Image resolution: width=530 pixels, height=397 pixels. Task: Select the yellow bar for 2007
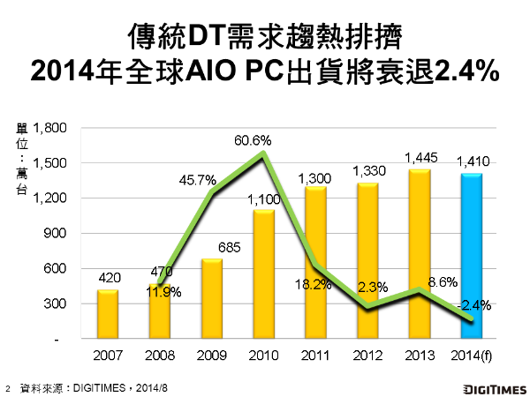click(x=107, y=314)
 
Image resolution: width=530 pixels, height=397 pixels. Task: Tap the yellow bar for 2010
click(x=263, y=273)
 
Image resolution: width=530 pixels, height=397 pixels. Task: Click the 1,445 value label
click(x=420, y=158)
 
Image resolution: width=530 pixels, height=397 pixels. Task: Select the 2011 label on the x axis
click(x=315, y=355)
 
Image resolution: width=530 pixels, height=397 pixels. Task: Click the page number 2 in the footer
click(x=8, y=387)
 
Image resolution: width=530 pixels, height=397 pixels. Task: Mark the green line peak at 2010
click(x=263, y=154)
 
